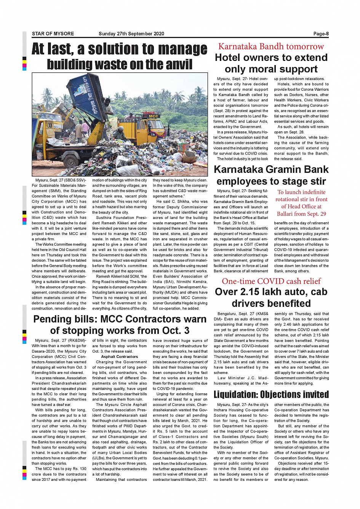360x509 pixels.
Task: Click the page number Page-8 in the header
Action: point(321,34)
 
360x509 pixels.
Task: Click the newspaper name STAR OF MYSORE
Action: point(53,34)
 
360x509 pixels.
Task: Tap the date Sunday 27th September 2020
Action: point(131,34)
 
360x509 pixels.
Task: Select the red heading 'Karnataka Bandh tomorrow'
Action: point(271,46)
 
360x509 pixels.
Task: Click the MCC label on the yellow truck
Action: point(153,116)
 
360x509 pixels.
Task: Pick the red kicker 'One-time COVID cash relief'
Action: point(271,281)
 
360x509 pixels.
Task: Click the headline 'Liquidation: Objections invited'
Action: point(271,394)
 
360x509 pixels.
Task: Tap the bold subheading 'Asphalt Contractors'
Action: point(120,357)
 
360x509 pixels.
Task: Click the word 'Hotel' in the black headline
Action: point(228,58)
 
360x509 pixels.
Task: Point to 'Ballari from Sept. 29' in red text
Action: point(301,214)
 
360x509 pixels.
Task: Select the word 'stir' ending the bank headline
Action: point(318,181)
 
